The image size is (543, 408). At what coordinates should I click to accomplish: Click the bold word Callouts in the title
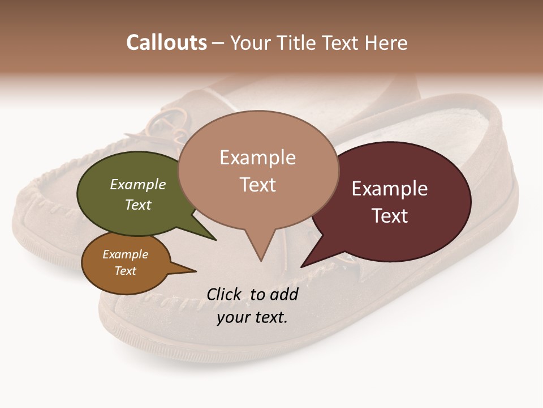pos(166,42)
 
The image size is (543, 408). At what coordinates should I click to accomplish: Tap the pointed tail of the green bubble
pos(215,240)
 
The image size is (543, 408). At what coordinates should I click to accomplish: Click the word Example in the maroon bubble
pos(390,189)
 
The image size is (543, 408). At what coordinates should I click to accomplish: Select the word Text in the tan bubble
pos(257,185)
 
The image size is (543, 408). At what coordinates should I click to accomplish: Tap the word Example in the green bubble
pos(137,184)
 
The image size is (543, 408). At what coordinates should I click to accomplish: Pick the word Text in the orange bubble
pos(125,271)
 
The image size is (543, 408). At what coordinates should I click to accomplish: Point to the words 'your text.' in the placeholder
pos(252,317)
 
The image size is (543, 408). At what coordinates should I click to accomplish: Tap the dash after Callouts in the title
pos(218,43)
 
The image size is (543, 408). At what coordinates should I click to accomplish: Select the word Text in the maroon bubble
pos(390,216)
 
